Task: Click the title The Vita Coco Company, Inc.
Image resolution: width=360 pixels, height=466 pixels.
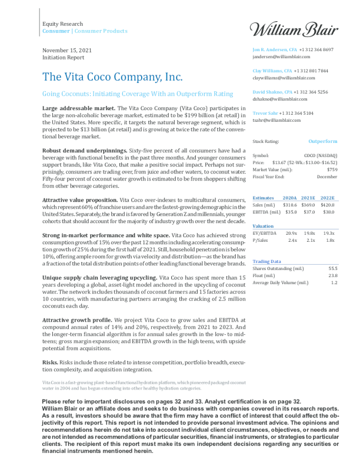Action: point(112,77)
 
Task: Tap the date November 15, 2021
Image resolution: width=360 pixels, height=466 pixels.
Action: point(68,50)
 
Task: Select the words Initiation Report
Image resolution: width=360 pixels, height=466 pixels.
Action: point(64,58)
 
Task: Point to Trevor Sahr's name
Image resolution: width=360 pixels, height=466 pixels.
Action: point(265,113)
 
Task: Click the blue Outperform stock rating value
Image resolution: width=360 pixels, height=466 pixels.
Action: point(323,142)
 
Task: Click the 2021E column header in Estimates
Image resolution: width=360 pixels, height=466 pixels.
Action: point(308,198)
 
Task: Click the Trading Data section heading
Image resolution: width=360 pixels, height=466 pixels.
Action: point(266,261)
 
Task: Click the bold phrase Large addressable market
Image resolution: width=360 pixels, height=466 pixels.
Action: point(79,109)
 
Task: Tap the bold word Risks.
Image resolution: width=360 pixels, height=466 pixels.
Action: point(50,362)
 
